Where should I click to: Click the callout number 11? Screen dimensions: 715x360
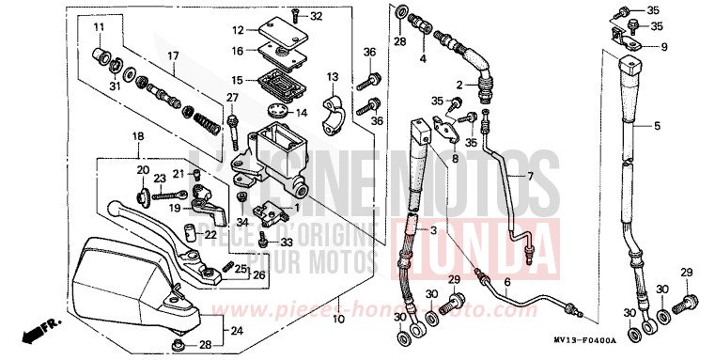pos(98,28)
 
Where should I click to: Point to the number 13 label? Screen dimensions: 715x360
pos(333,76)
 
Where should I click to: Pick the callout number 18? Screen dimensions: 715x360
pos(138,137)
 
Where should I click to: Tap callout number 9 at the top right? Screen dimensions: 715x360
pos(663,46)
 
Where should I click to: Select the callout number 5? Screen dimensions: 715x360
pos(657,125)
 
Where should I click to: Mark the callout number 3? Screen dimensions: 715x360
pos(434,231)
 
